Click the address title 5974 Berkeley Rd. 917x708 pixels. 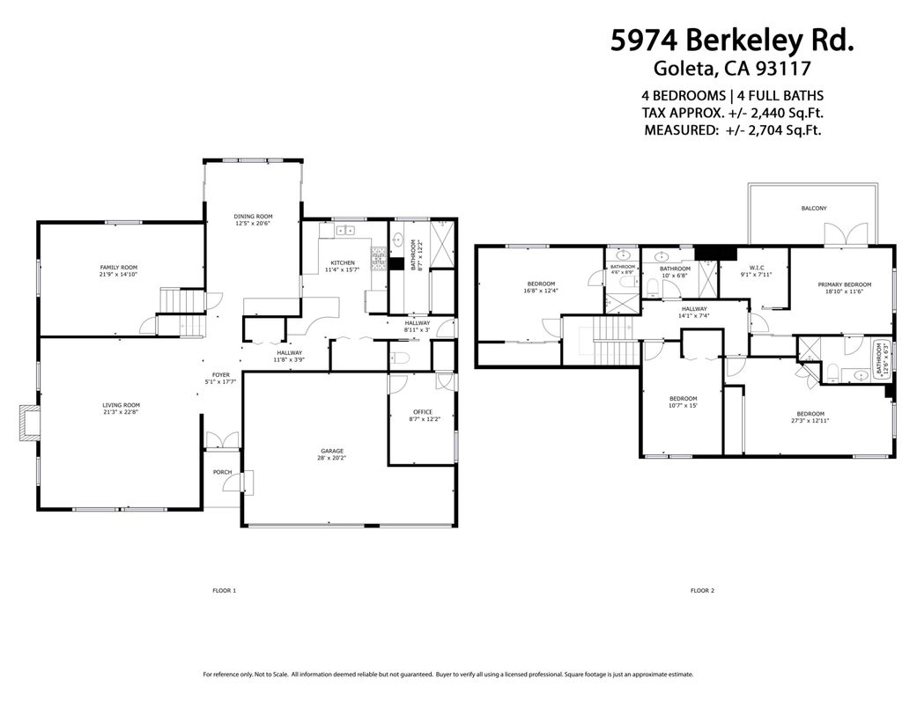732,41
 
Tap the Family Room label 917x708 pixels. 118,267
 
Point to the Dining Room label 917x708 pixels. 253,216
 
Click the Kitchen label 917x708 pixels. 343,263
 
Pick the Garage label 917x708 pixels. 332,451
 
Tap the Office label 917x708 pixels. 423,412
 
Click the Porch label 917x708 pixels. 222,472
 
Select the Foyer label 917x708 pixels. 220,374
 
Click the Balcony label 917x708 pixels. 813,208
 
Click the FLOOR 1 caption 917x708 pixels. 225,590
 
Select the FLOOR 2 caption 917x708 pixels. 702,590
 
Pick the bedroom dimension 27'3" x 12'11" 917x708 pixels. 810,421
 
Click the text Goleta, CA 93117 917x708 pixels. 732,68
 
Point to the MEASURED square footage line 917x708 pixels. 732,129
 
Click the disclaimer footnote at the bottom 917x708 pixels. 447,675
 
